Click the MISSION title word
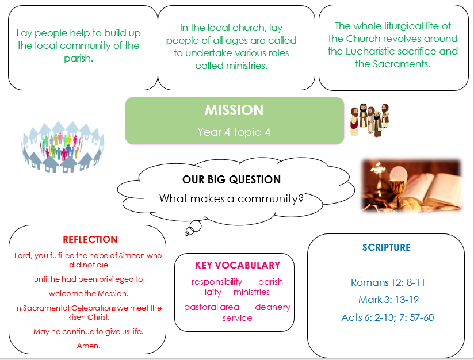[x=234, y=110]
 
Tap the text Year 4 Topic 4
[x=234, y=132]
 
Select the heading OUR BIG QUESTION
[x=232, y=179]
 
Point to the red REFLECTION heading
[x=90, y=239]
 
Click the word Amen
[x=88, y=346]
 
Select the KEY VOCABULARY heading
[x=238, y=265]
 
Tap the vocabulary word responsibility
[x=217, y=282]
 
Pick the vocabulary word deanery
[x=273, y=307]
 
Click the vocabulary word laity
[x=213, y=292]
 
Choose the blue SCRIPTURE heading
[x=387, y=247]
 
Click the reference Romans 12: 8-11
[x=388, y=282]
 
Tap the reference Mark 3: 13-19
[x=388, y=300]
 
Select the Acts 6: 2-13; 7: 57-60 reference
[x=388, y=317]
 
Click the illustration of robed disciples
[x=369, y=120]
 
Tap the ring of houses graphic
[x=63, y=147]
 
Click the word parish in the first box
[x=78, y=58]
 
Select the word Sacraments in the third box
[x=402, y=64]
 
